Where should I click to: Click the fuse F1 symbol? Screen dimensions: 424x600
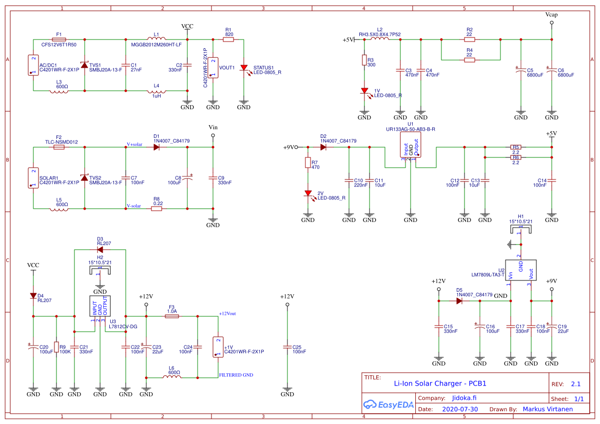59,39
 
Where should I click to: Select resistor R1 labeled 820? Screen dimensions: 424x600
228,39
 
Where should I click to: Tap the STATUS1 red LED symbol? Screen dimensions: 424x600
244,68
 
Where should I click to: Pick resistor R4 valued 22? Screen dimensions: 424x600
469,59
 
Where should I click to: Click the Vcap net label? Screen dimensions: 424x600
551,15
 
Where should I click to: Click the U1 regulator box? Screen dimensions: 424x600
411,145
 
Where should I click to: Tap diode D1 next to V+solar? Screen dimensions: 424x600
157,147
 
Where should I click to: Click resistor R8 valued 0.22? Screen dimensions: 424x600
157,209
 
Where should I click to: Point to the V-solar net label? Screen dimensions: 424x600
133,206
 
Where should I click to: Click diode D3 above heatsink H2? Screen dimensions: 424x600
100,250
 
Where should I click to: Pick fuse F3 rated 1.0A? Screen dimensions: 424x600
172,316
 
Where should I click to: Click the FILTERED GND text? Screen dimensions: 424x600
236,375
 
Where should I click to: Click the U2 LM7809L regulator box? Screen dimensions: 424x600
520,269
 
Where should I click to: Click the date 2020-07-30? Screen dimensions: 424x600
460,409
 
